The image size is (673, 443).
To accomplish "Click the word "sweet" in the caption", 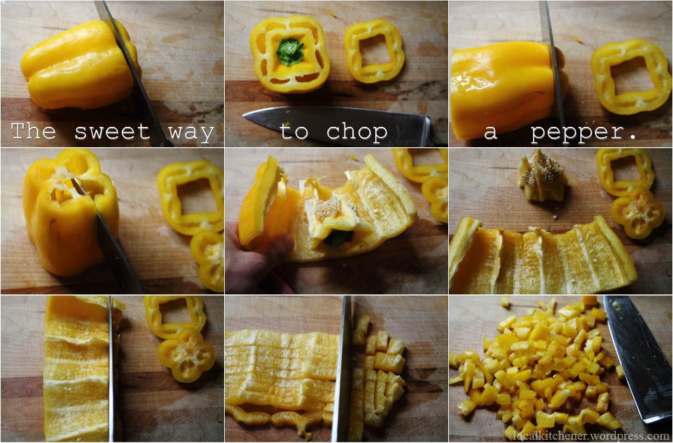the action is click(x=112, y=132).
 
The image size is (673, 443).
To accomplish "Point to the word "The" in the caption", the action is click(x=33, y=131).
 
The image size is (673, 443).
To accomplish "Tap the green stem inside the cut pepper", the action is click(x=290, y=51).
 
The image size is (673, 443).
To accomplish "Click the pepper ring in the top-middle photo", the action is click(x=374, y=51).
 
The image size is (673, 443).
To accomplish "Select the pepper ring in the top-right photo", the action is click(x=630, y=76).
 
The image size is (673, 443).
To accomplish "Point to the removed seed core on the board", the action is click(x=542, y=176).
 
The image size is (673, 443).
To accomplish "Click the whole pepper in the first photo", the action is click(x=80, y=64).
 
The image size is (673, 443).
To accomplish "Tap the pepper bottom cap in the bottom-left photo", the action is click(x=186, y=356).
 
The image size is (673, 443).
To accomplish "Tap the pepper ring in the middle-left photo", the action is click(x=191, y=197).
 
